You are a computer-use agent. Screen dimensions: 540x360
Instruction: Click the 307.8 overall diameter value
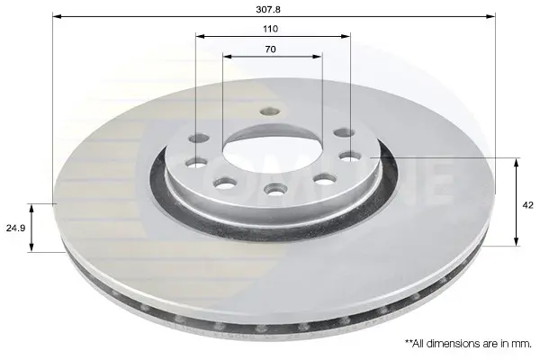268,9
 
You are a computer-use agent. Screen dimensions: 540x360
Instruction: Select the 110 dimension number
270,29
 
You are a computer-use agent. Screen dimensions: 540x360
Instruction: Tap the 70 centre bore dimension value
270,49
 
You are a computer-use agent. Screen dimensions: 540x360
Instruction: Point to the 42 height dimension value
528,205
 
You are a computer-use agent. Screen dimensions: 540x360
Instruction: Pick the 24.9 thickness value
15,228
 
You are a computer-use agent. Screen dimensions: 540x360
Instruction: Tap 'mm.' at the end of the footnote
523,344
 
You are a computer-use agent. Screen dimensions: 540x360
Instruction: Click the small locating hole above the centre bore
270,111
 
